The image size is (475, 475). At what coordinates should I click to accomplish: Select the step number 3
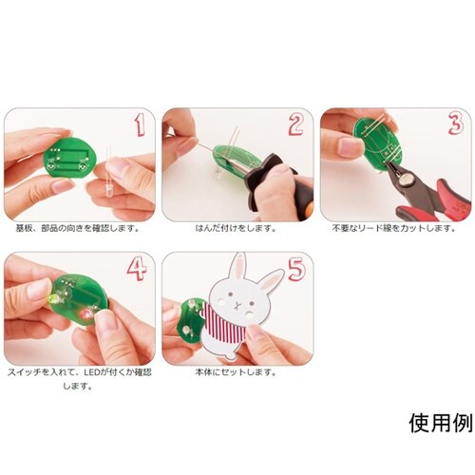(x=454, y=124)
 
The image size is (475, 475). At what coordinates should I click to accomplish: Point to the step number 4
(x=138, y=269)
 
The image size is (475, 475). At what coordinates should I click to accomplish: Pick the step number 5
(x=295, y=269)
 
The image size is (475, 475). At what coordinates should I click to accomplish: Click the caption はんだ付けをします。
(x=237, y=228)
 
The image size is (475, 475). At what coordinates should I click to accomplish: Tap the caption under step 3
(x=394, y=228)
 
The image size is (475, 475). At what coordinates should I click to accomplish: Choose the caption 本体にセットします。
(x=237, y=373)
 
